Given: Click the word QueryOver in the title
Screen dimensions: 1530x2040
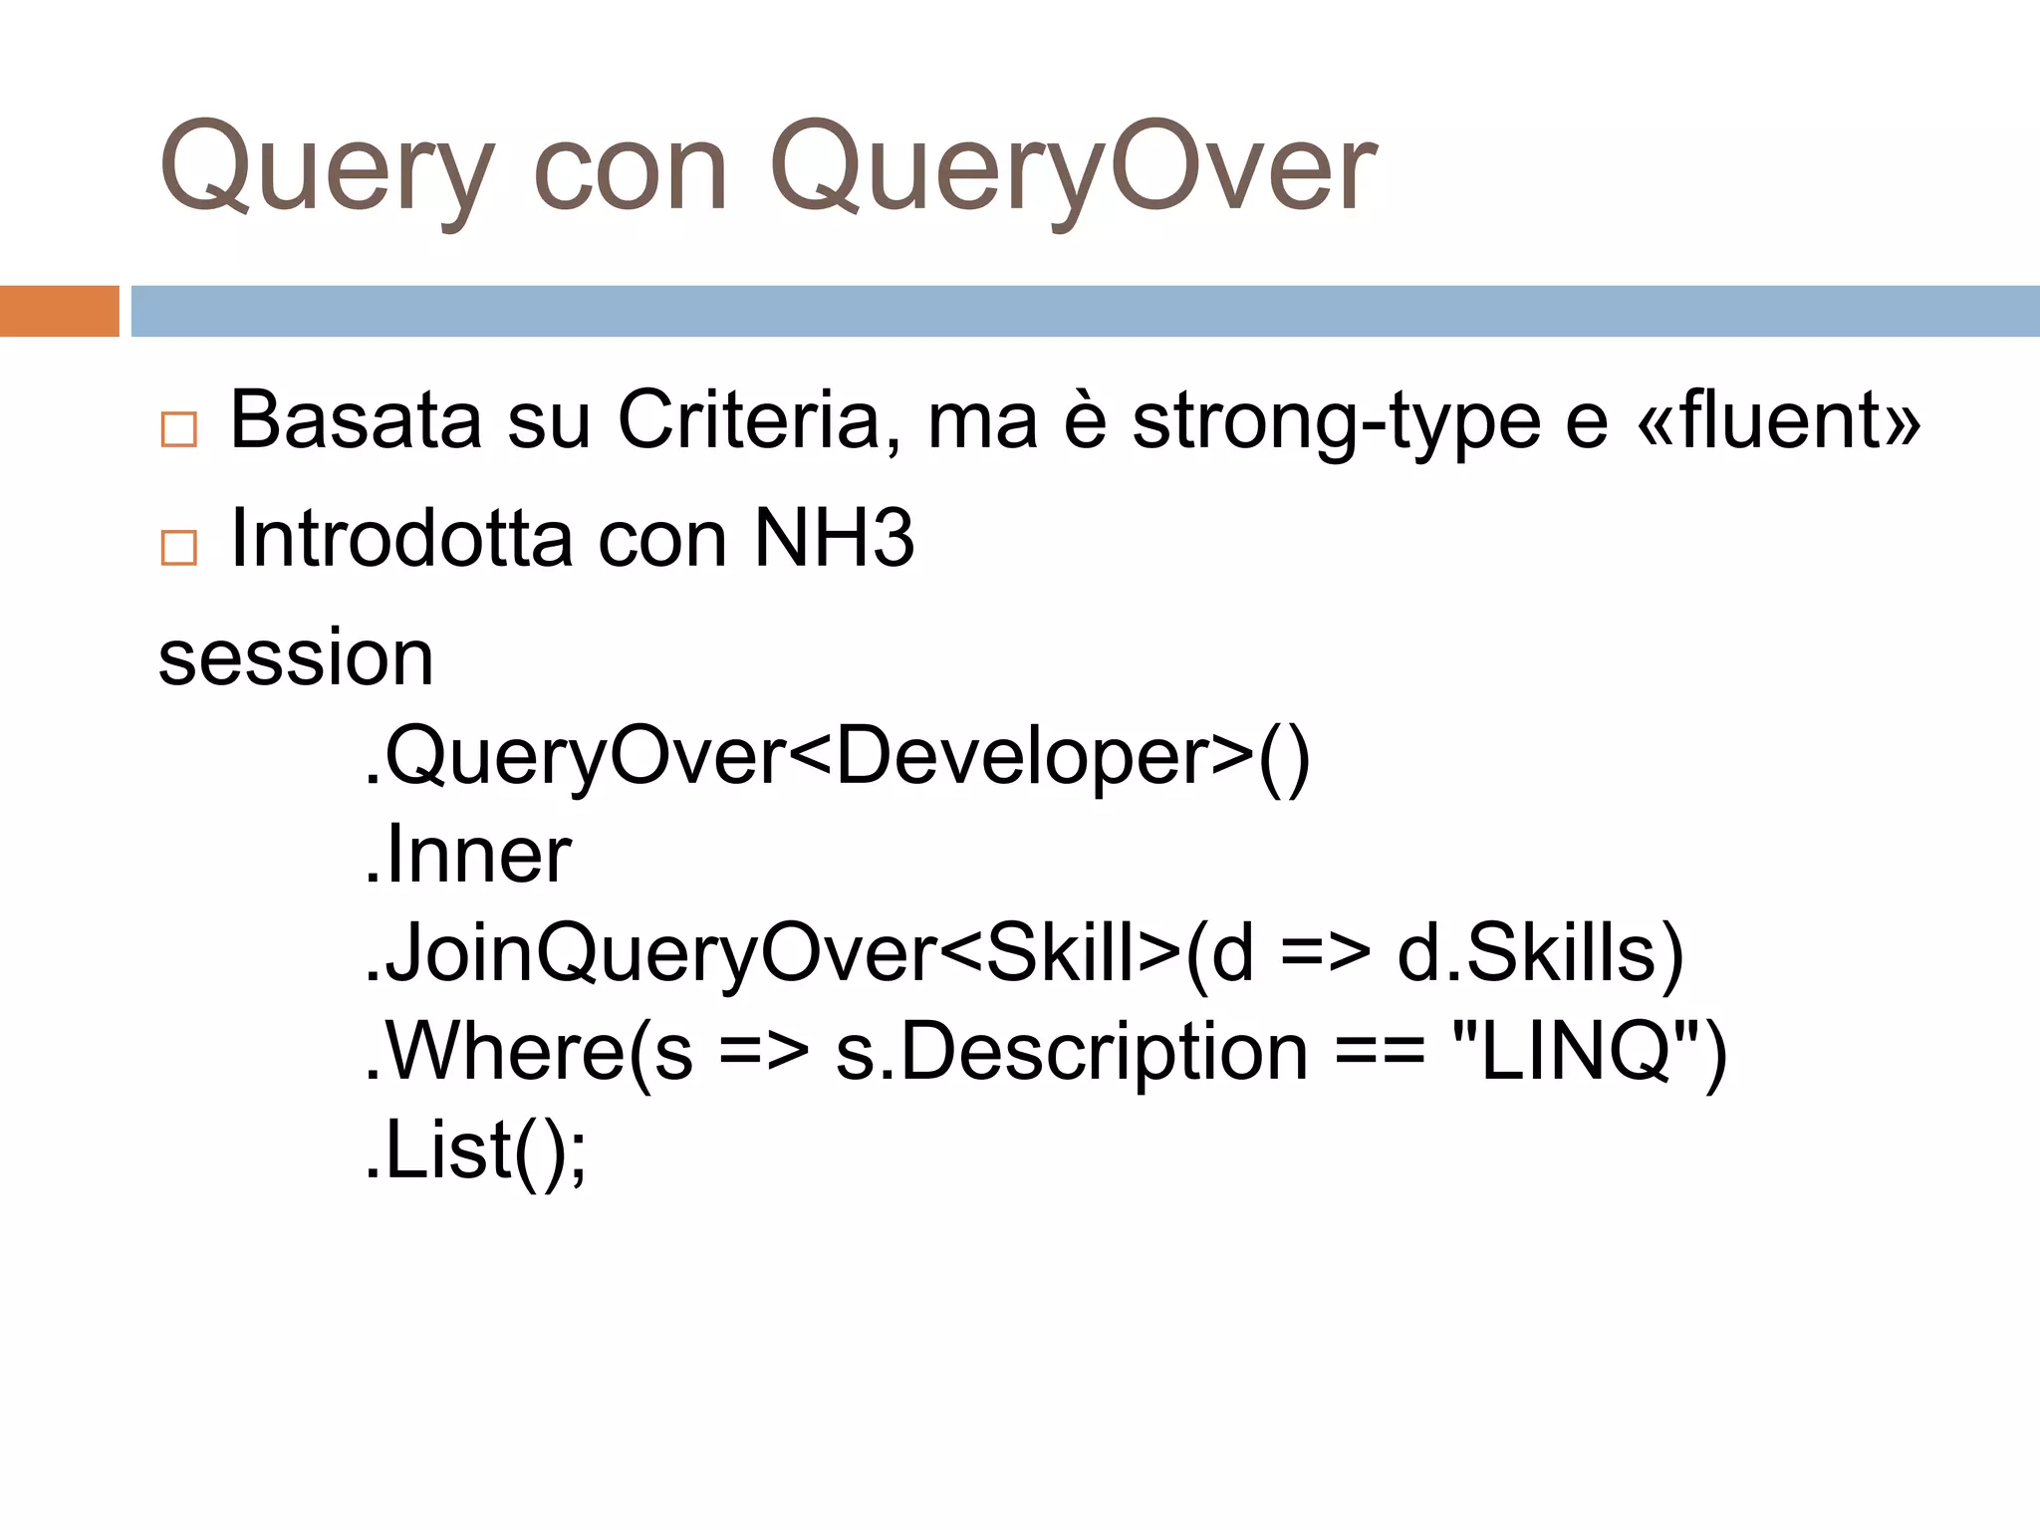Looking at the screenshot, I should click(1073, 169).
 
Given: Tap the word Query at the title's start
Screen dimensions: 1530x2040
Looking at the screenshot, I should click(326, 169).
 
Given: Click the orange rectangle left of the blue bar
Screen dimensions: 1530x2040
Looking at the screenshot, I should click(59, 311).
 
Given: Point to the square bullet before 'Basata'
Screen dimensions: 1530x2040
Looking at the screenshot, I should click(179, 429).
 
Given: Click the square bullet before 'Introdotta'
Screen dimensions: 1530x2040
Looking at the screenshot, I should click(179, 548).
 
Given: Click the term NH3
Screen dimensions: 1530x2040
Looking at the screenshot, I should click(834, 539).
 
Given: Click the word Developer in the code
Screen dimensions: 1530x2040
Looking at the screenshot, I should click(1022, 757).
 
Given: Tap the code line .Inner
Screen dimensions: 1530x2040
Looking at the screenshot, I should click(467, 855).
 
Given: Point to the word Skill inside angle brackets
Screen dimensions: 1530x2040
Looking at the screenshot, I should click(1059, 953).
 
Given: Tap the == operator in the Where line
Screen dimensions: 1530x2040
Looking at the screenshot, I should click(1380, 1054).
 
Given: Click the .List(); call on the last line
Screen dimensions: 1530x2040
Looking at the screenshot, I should click(475, 1150).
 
